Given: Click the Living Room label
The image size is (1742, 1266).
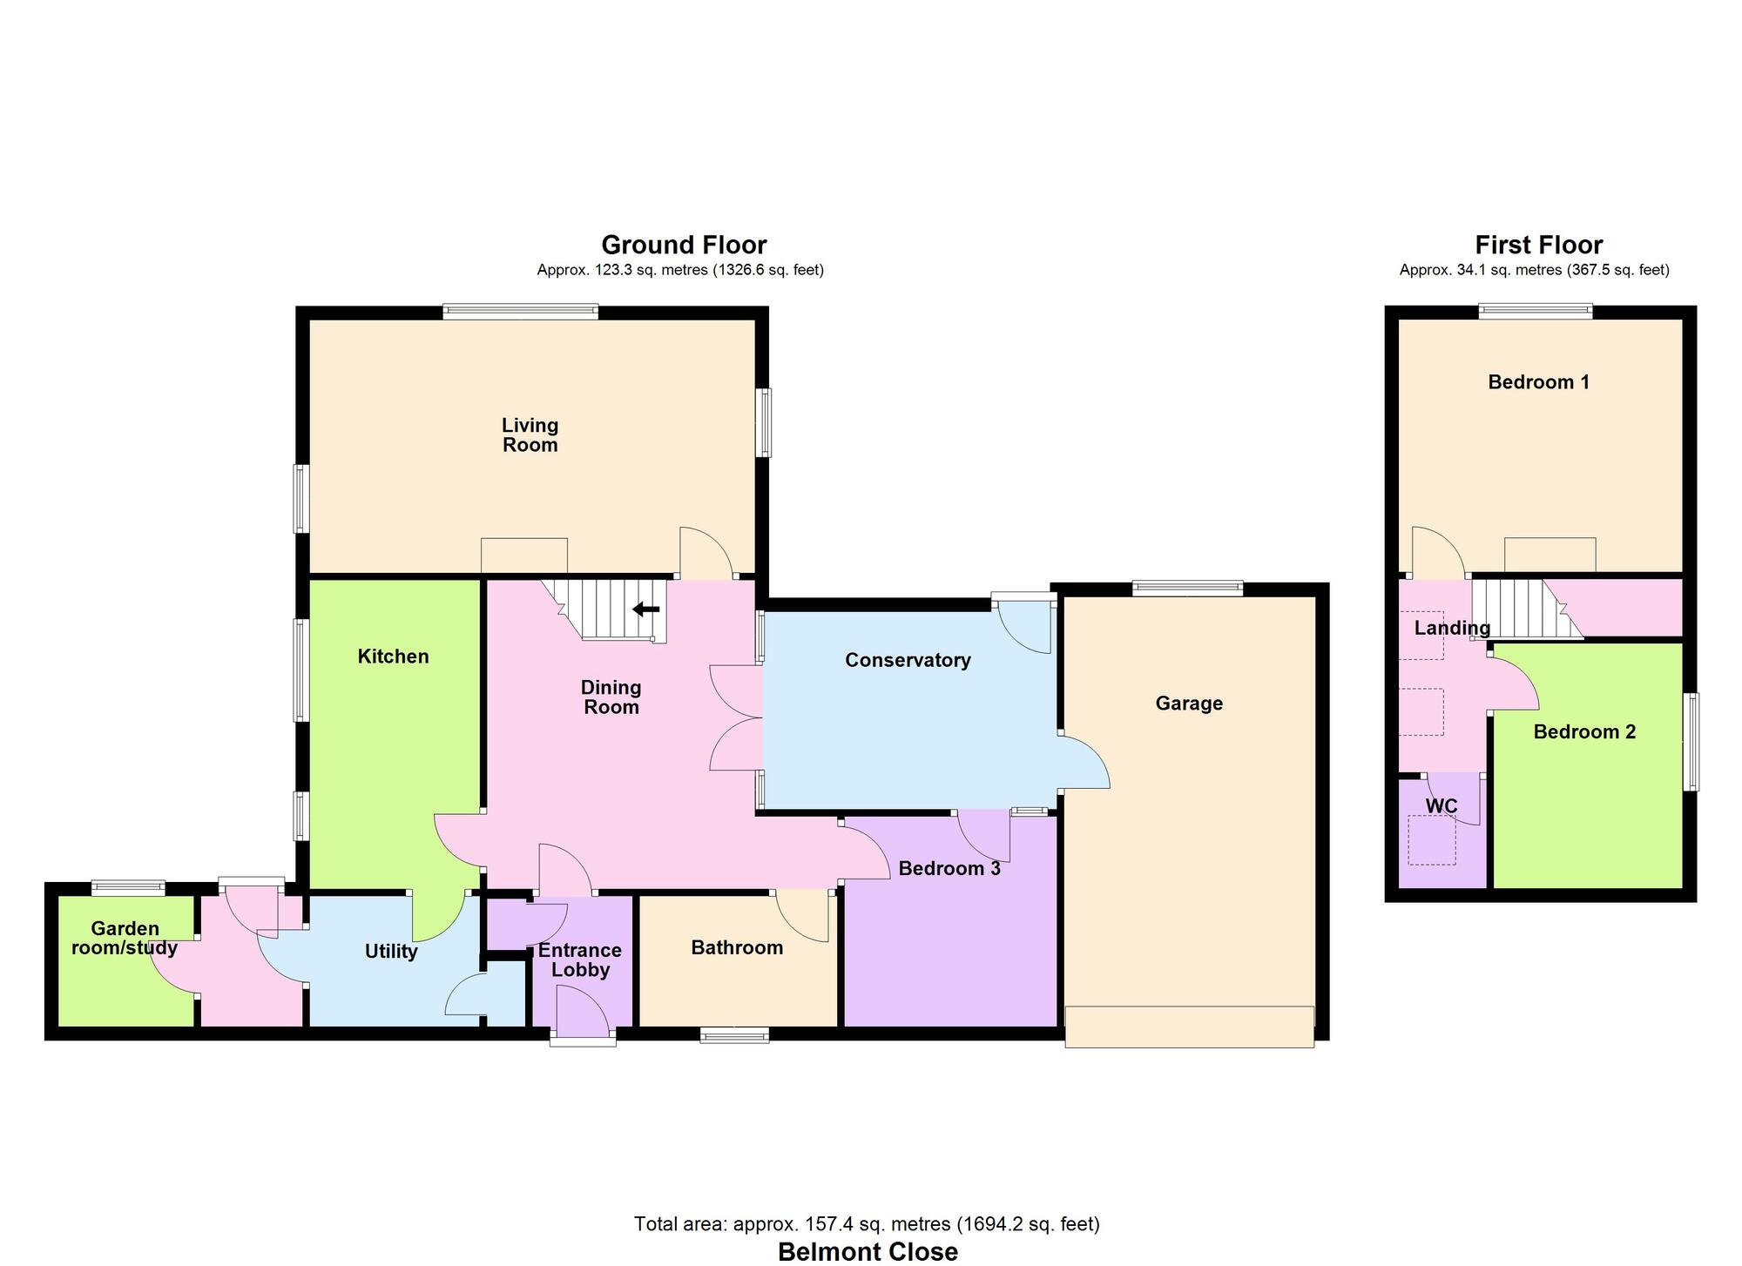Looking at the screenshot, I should click(x=530, y=435).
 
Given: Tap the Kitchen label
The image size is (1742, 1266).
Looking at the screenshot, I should click(x=393, y=657).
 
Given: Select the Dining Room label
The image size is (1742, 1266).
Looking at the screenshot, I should click(x=611, y=697).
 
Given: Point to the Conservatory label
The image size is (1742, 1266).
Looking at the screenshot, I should click(x=908, y=660).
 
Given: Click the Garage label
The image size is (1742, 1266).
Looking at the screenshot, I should click(x=1189, y=704).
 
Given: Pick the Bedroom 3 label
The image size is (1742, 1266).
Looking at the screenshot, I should click(x=949, y=868).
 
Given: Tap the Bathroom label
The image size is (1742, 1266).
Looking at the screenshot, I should click(x=737, y=947).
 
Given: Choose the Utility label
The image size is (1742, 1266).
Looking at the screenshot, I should click(x=391, y=951).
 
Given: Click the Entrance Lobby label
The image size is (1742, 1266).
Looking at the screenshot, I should click(x=580, y=960).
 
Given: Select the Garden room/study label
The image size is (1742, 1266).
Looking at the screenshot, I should click(x=125, y=939).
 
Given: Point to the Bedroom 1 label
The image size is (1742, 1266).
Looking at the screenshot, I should click(x=1538, y=382).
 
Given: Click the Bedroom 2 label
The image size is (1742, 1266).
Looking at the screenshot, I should click(x=1584, y=732).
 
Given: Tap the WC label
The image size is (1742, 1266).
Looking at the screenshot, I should click(x=1442, y=806).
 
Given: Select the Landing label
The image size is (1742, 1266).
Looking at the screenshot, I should click(x=1452, y=628).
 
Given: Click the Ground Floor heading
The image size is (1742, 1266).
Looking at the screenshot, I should click(x=684, y=245).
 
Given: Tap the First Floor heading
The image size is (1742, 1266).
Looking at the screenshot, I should click(x=1538, y=245).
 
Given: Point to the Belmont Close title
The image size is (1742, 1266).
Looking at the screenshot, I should click(x=868, y=1251).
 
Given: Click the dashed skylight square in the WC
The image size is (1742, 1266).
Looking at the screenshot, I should click(x=1431, y=840).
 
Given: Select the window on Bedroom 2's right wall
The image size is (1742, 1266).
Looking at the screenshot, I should click(x=1690, y=742).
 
